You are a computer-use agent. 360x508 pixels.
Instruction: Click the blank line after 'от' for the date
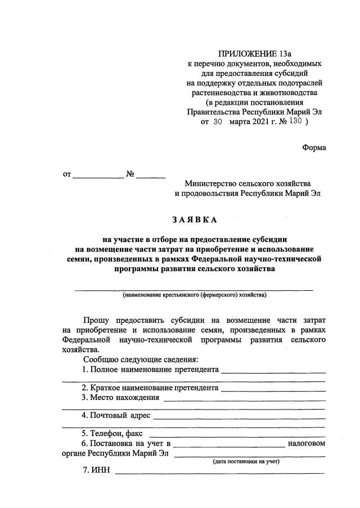point(98,176)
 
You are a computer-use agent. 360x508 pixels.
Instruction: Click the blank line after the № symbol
point(151,176)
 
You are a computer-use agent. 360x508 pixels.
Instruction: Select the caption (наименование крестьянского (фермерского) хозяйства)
point(194,295)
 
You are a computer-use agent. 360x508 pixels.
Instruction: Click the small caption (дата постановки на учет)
point(246,462)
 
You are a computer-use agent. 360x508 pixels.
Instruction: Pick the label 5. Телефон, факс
point(112,434)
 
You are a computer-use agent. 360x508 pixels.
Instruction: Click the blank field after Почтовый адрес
point(239,418)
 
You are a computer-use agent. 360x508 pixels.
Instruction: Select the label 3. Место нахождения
point(120,397)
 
